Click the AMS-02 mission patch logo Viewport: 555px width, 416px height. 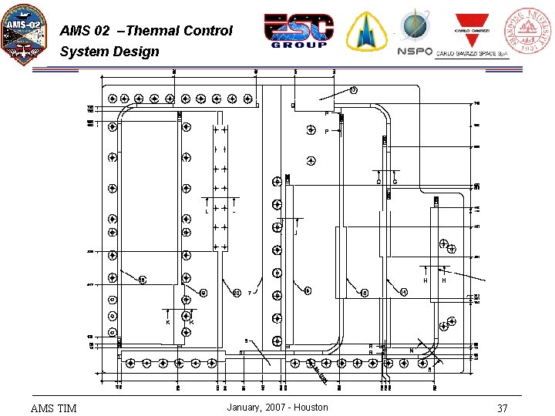click(x=24, y=34)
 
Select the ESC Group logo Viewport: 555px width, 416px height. click(x=299, y=31)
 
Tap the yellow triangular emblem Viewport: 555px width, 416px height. click(x=366, y=32)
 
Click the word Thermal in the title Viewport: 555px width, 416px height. click(x=154, y=31)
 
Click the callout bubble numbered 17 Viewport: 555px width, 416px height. click(x=354, y=90)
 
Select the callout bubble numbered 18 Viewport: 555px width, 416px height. click(x=143, y=280)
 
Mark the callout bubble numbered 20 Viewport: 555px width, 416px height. click(x=236, y=293)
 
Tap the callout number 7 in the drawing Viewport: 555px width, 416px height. click(x=250, y=293)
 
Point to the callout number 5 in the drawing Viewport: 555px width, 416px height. click(x=246, y=341)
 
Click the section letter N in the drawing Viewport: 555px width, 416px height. click(x=412, y=351)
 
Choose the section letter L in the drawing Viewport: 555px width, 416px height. click(x=206, y=212)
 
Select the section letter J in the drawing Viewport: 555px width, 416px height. click(x=296, y=233)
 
